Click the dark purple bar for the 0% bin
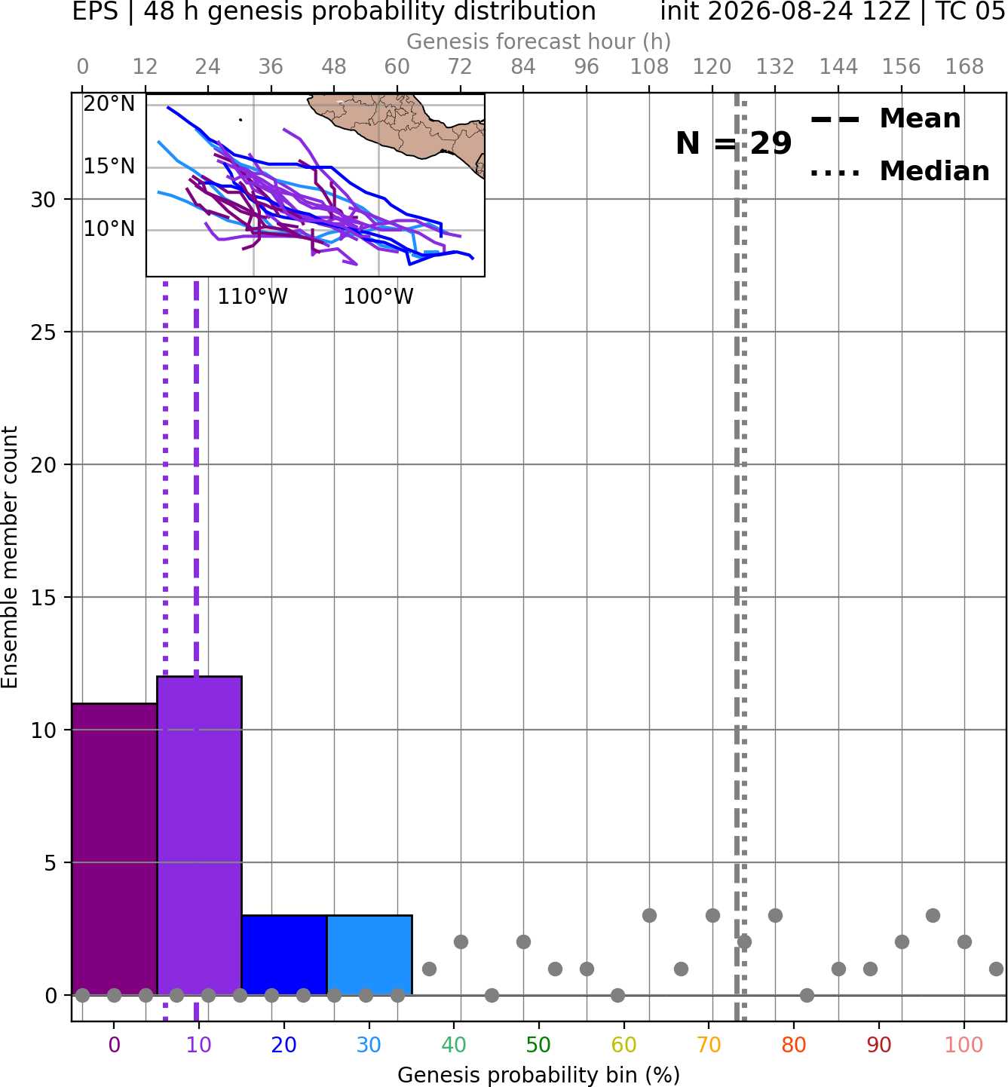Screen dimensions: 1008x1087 (x=115, y=849)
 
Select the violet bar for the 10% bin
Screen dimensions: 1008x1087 (x=199, y=836)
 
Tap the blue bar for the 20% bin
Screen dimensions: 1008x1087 (x=284, y=955)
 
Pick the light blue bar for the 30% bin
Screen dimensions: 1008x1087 (x=369, y=955)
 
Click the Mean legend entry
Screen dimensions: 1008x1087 (x=885, y=119)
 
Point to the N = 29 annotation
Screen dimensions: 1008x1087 (x=734, y=143)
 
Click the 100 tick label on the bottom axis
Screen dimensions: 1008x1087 (x=964, y=1045)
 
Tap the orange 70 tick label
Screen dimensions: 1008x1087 (x=709, y=1045)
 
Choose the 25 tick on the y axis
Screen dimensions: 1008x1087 (x=43, y=332)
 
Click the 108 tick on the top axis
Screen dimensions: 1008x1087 (x=649, y=67)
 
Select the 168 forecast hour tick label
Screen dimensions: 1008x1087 (x=965, y=67)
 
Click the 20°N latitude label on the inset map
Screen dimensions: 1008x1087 (x=109, y=103)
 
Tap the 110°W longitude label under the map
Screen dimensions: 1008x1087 (x=253, y=297)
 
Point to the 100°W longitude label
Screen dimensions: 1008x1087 (x=378, y=297)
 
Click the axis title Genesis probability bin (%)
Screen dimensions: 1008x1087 (x=539, y=1075)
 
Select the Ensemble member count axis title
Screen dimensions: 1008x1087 (x=9, y=557)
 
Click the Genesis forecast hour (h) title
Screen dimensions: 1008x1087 (x=539, y=41)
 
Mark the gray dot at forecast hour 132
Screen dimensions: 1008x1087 (x=775, y=915)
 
